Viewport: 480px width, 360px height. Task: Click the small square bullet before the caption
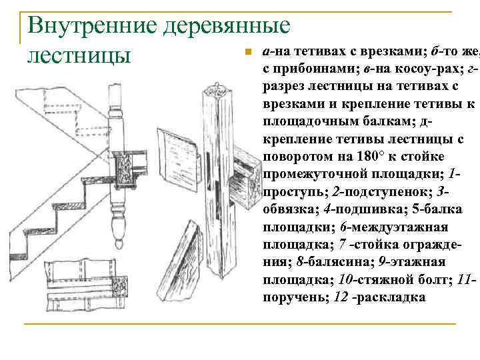pos(246,52)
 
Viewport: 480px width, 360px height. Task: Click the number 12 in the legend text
pos(342,297)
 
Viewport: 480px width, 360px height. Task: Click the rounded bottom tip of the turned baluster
pos(119,239)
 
